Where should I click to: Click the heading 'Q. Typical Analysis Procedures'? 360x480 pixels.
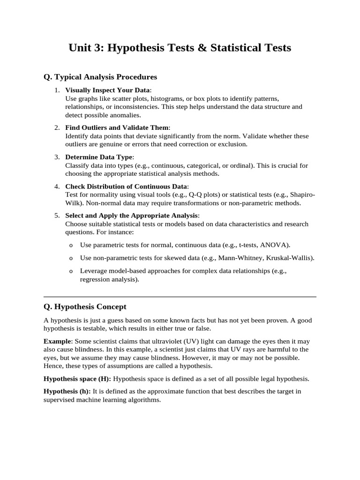(x=100, y=76)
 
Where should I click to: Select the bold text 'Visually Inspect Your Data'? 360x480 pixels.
(x=107, y=90)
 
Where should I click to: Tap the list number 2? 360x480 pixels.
(x=57, y=127)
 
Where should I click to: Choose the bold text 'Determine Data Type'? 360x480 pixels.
(x=99, y=157)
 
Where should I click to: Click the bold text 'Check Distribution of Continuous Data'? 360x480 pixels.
(x=126, y=186)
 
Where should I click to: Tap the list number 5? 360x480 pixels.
(x=57, y=215)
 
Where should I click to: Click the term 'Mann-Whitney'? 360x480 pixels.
(x=222, y=258)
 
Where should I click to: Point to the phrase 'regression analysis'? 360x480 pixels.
(x=108, y=279)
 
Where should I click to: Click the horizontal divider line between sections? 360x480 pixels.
(x=180, y=297)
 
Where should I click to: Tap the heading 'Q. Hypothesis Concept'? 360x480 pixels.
(x=85, y=307)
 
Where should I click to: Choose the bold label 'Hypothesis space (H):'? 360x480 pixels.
(x=77, y=378)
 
